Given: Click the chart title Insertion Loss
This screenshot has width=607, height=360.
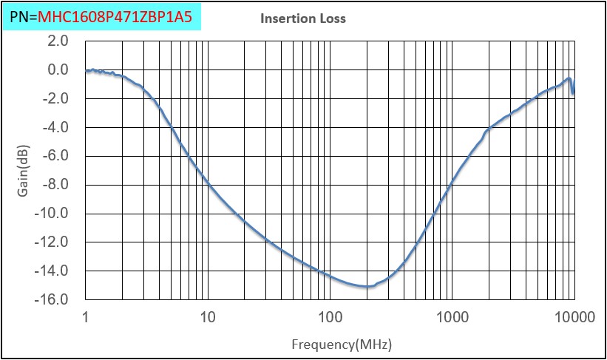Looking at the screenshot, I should [x=303, y=18].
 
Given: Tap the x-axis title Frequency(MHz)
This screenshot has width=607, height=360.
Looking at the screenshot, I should [x=342, y=344].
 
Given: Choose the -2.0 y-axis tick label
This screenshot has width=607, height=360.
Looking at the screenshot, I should [x=55, y=98].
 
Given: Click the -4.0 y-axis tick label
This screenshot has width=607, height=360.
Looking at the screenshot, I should [x=55, y=127].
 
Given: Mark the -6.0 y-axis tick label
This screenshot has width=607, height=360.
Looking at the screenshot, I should [x=55, y=156].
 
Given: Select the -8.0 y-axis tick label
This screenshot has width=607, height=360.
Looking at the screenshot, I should [x=55, y=185].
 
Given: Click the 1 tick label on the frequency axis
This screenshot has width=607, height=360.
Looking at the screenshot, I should [x=86, y=318].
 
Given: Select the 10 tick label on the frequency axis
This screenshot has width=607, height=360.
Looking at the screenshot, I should [x=208, y=318].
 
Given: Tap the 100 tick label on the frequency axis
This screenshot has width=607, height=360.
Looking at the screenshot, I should [x=330, y=318].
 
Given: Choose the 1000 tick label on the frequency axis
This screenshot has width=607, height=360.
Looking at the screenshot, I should [x=452, y=318].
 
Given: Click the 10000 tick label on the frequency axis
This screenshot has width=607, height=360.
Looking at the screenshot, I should [x=574, y=318].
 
